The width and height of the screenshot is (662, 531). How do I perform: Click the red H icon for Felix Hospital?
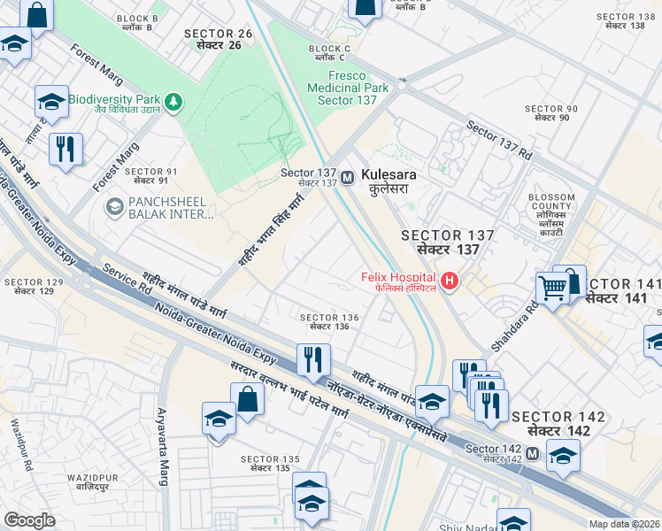[x=450, y=281]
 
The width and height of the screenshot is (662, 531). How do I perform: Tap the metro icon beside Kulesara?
[x=350, y=176]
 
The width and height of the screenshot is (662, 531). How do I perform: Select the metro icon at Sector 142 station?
[x=532, y=453]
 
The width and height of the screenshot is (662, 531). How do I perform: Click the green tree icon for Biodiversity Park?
[x=174, y=102]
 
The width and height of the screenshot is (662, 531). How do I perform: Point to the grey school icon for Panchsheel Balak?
[x=114, y=207]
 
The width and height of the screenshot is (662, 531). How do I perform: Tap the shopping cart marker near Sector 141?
[x=553, y=287]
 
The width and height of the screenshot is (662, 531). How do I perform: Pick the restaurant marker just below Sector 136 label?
[x=312, y=359]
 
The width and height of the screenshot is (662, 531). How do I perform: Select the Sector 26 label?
[x=219, y=39]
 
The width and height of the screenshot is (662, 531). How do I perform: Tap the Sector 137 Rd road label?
[x=499, y=140]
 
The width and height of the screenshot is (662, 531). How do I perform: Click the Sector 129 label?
[x=34, y=286]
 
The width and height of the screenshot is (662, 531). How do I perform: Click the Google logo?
[x=29, y=519]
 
